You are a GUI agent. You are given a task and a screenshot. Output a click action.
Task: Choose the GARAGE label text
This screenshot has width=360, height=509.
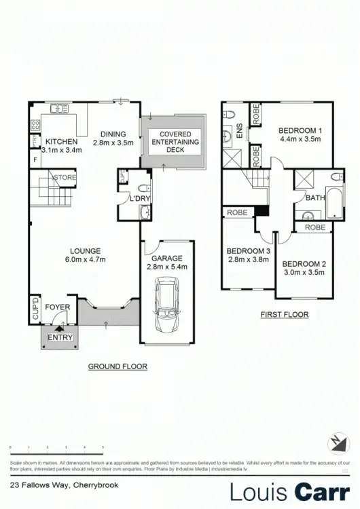(167, 258)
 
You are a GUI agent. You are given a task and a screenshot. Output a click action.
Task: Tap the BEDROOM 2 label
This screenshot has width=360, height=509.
(304, 264)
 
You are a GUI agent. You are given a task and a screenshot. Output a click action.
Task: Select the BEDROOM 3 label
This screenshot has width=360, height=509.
(249, 250)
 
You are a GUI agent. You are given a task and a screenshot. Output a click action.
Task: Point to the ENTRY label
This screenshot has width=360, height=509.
(60, 337)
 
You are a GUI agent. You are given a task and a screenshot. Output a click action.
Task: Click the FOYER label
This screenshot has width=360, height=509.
(58, 307)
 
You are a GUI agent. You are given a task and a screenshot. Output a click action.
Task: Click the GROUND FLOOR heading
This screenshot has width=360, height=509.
(118, 366)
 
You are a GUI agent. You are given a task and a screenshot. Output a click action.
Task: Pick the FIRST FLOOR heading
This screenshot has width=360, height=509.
(285, 315)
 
